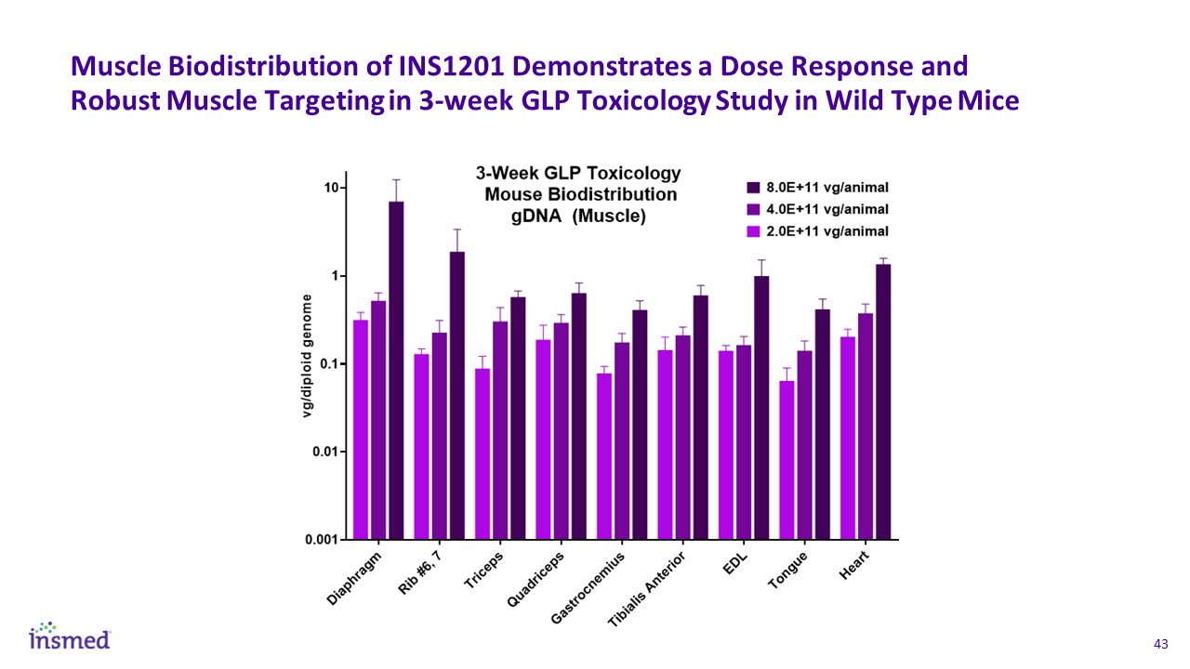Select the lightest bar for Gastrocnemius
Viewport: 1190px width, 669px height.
(x=604, y=455)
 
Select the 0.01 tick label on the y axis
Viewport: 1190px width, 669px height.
(x=328, y=452)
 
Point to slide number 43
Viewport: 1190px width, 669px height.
(x=1159, y=644)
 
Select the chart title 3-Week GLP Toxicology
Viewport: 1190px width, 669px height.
(x=578, y=174)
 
